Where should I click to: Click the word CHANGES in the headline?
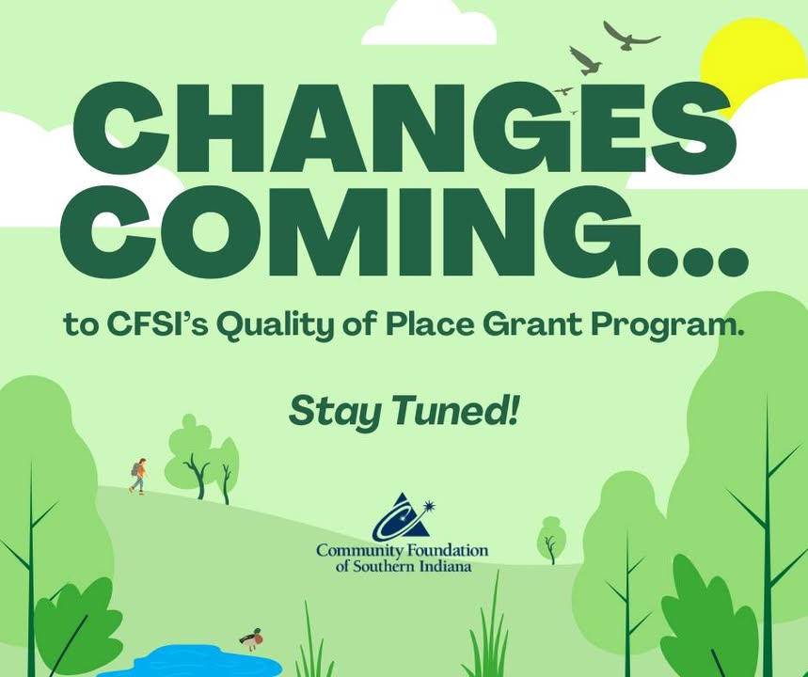tap(405, 128)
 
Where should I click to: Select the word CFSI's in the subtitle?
tap(157, 324)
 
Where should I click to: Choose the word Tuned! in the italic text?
tap(454, 411)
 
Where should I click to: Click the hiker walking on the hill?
tap(138, 476)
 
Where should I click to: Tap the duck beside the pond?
tap(251, 639)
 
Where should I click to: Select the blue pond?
tap(196, 661)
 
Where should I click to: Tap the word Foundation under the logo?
tap(448, 551)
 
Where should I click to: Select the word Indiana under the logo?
tap(445, 566)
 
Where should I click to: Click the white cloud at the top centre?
tap(429, 24)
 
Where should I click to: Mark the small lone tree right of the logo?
tap(551, 540)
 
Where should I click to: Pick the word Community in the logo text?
tap(359, 551)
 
